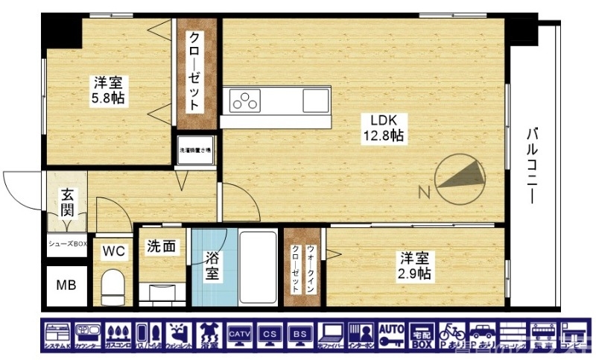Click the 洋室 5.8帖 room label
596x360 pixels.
click(x=108, y=90)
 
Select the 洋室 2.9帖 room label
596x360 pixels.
click(x=415, y=266)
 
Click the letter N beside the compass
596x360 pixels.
click(x=424, y=193)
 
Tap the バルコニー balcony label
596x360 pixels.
click(x=532, y=165)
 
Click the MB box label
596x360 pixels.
click(x=66, y=285)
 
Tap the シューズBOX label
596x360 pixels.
click(x=67, y=244)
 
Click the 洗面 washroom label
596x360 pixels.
click(x=160, y=246)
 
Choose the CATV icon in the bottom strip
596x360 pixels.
click(x=239, y=335)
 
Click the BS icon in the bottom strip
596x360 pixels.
click(x=300, y=335)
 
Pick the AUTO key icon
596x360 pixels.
click(x=391, y=335)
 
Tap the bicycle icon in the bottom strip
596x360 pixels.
click(x=452, y=335)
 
